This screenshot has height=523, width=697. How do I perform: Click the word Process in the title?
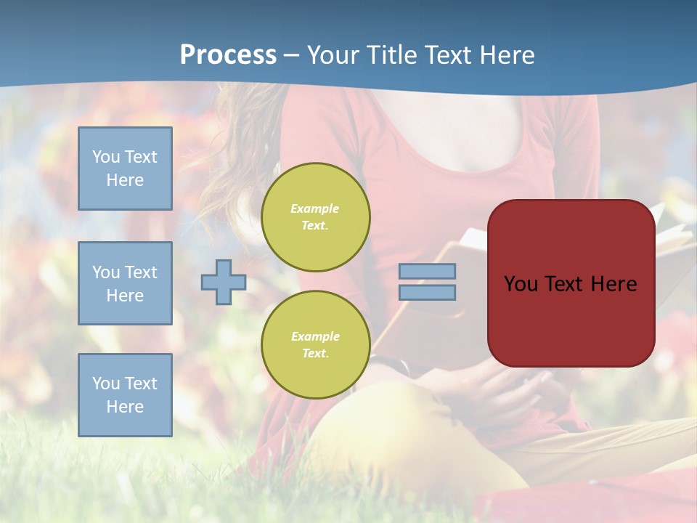coord(228,55)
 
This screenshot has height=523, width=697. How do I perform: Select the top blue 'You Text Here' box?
coord(125,169)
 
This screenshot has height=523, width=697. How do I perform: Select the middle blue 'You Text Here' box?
coord(125,283)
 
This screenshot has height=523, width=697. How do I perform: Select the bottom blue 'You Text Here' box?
coord(125,395)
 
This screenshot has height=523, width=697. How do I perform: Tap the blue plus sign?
coord(224,281)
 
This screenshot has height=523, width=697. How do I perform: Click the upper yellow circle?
coord(315,217)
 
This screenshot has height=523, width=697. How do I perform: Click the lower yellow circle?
coord(315,345)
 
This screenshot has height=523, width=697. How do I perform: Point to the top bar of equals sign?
coord(427,272)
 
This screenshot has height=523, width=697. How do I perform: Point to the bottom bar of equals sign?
coord(427,292)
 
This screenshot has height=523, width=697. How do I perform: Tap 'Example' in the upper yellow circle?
coord(315,209)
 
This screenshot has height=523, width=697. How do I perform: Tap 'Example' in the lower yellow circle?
coord(315,337)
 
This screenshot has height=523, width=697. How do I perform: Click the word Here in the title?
coord(507,55)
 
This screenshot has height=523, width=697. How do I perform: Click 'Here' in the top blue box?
coord(125,180)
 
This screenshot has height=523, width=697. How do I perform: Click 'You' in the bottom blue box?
coord(106,384)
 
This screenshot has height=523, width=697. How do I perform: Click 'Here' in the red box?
coord(615,284)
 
